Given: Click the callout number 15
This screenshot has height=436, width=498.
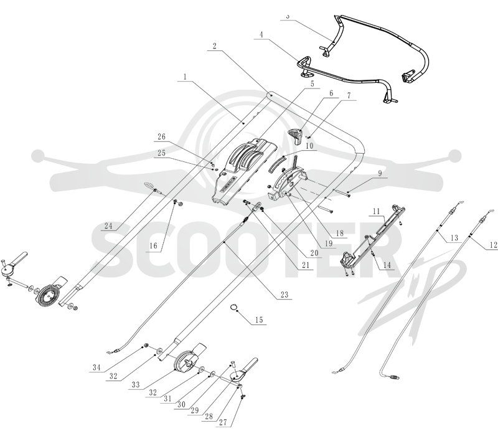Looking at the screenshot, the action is coord(259,320).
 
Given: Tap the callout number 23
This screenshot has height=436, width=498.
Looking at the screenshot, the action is coord(284,295).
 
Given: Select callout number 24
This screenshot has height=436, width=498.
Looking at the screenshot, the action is coord(108,225).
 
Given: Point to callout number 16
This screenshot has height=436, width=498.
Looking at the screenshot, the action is coord(153,245).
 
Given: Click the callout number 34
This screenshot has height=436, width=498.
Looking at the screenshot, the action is coord(96,367).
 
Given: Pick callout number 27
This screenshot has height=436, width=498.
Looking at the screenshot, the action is coord(223,422).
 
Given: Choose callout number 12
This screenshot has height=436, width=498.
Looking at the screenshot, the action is coord(493,245).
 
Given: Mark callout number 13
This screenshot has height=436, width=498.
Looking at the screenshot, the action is coord(454,238).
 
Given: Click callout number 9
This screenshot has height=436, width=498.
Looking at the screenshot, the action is coord(380,173).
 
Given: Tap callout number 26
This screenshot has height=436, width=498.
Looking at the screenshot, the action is coord(162,136).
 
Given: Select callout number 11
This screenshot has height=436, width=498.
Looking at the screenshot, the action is coord(377,211).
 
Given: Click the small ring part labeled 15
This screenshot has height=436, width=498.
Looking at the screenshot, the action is coord(233,307).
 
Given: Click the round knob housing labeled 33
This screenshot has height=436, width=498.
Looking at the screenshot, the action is coord(186,361).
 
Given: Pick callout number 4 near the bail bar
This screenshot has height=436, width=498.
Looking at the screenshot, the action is coord(261,34).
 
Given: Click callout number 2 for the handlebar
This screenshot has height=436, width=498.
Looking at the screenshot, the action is coord(214,46).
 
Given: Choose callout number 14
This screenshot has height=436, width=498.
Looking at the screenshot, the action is coord(387,265).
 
